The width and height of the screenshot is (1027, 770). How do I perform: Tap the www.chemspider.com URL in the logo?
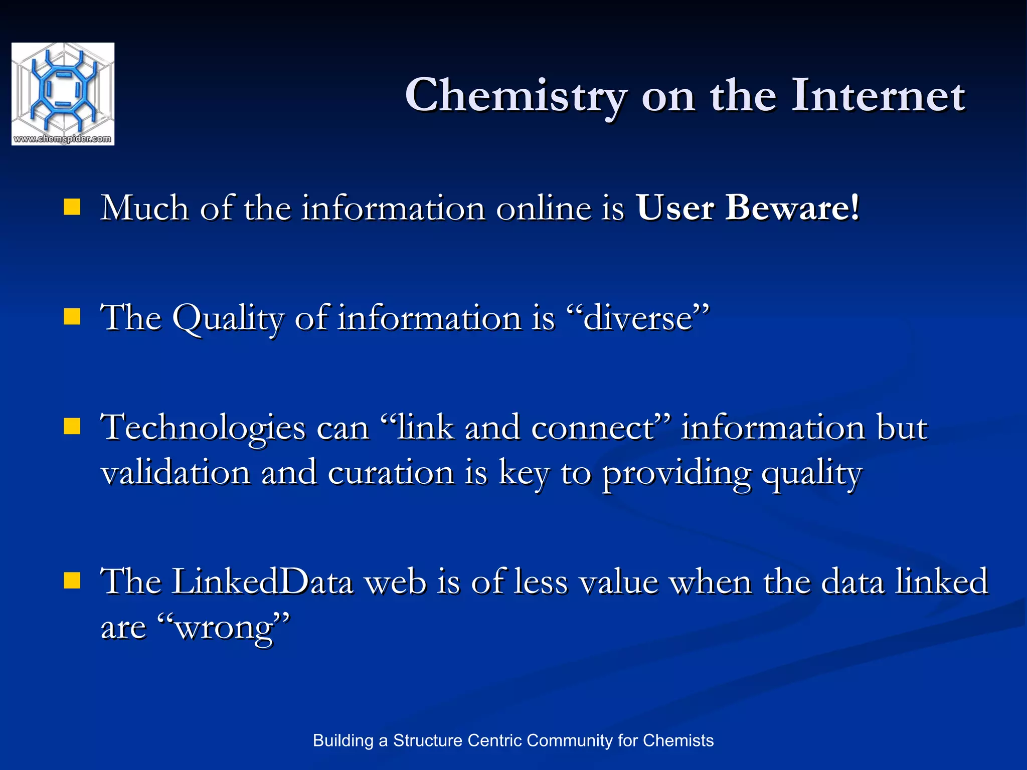63,139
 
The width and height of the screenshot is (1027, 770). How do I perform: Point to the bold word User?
675,208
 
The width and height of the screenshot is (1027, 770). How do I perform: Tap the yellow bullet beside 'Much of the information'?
72,207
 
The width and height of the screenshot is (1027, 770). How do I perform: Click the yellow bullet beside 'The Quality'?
72,317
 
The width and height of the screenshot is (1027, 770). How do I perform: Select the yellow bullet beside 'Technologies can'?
72,427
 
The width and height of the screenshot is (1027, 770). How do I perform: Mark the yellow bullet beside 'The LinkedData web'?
72,581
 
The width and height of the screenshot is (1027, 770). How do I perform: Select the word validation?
176,473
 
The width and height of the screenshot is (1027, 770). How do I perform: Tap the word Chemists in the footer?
678,740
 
